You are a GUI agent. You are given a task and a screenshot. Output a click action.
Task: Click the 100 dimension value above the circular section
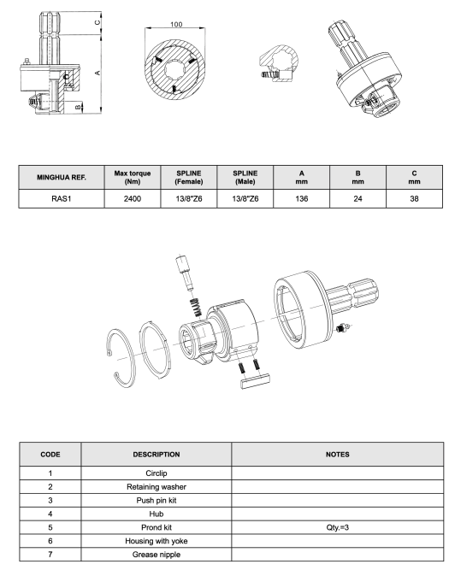176,25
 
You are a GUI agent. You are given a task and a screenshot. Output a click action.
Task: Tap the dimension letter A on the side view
97,73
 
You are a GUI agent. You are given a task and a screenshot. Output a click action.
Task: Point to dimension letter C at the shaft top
97,22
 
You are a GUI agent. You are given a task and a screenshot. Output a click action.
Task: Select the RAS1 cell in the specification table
61,199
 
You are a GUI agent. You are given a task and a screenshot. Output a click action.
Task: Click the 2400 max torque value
133,199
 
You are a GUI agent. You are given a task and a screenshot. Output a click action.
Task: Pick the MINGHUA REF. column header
62,178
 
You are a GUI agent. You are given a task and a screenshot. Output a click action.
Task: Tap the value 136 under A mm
302,199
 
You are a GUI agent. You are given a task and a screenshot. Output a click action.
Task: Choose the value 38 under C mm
414,199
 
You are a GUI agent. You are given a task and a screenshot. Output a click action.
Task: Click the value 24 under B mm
357,199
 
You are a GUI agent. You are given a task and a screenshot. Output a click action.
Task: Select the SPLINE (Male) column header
245,178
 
